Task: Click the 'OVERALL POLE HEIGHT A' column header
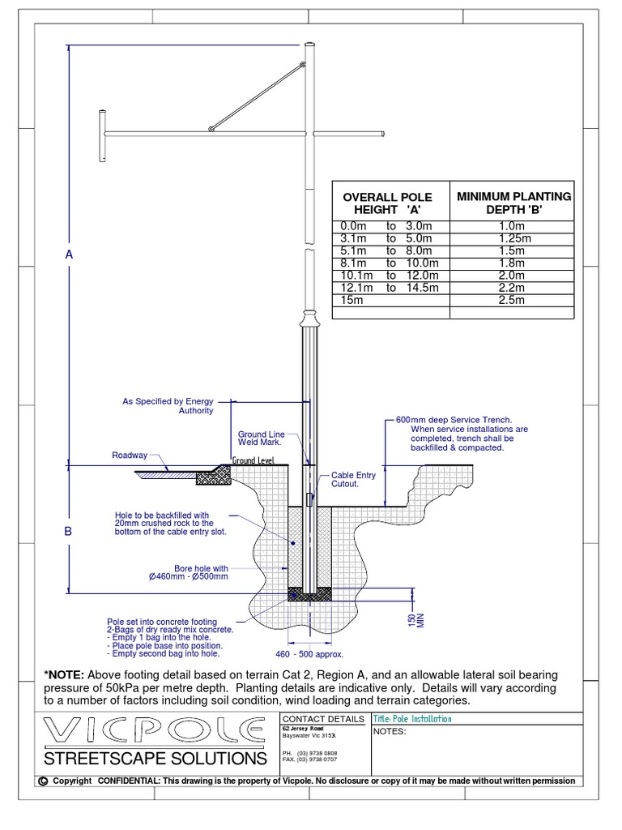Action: [x=387, y=203]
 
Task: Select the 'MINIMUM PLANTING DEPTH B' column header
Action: [x=513, y=203]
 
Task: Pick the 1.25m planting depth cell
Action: [x=513, y=239]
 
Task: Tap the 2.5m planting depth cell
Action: [x=513, y=300]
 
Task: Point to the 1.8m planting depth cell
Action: [x=513, y=263]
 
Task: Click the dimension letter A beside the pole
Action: [x=69, y=255]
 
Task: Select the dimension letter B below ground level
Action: [x=69, y=532]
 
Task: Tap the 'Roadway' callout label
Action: [x=130, y=456]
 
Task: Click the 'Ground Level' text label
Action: [x=253, y=460]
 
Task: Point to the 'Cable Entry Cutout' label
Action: [x=353, y=480]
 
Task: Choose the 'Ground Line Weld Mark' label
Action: [x=259, y=439]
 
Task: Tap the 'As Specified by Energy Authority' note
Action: [x=168, y=406]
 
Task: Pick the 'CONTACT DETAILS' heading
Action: [x=322, y=719]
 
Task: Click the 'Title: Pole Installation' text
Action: [x=412, y=719]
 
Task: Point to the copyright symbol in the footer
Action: [x=41, y=781]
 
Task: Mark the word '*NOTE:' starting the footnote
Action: [x=65, y=676]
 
